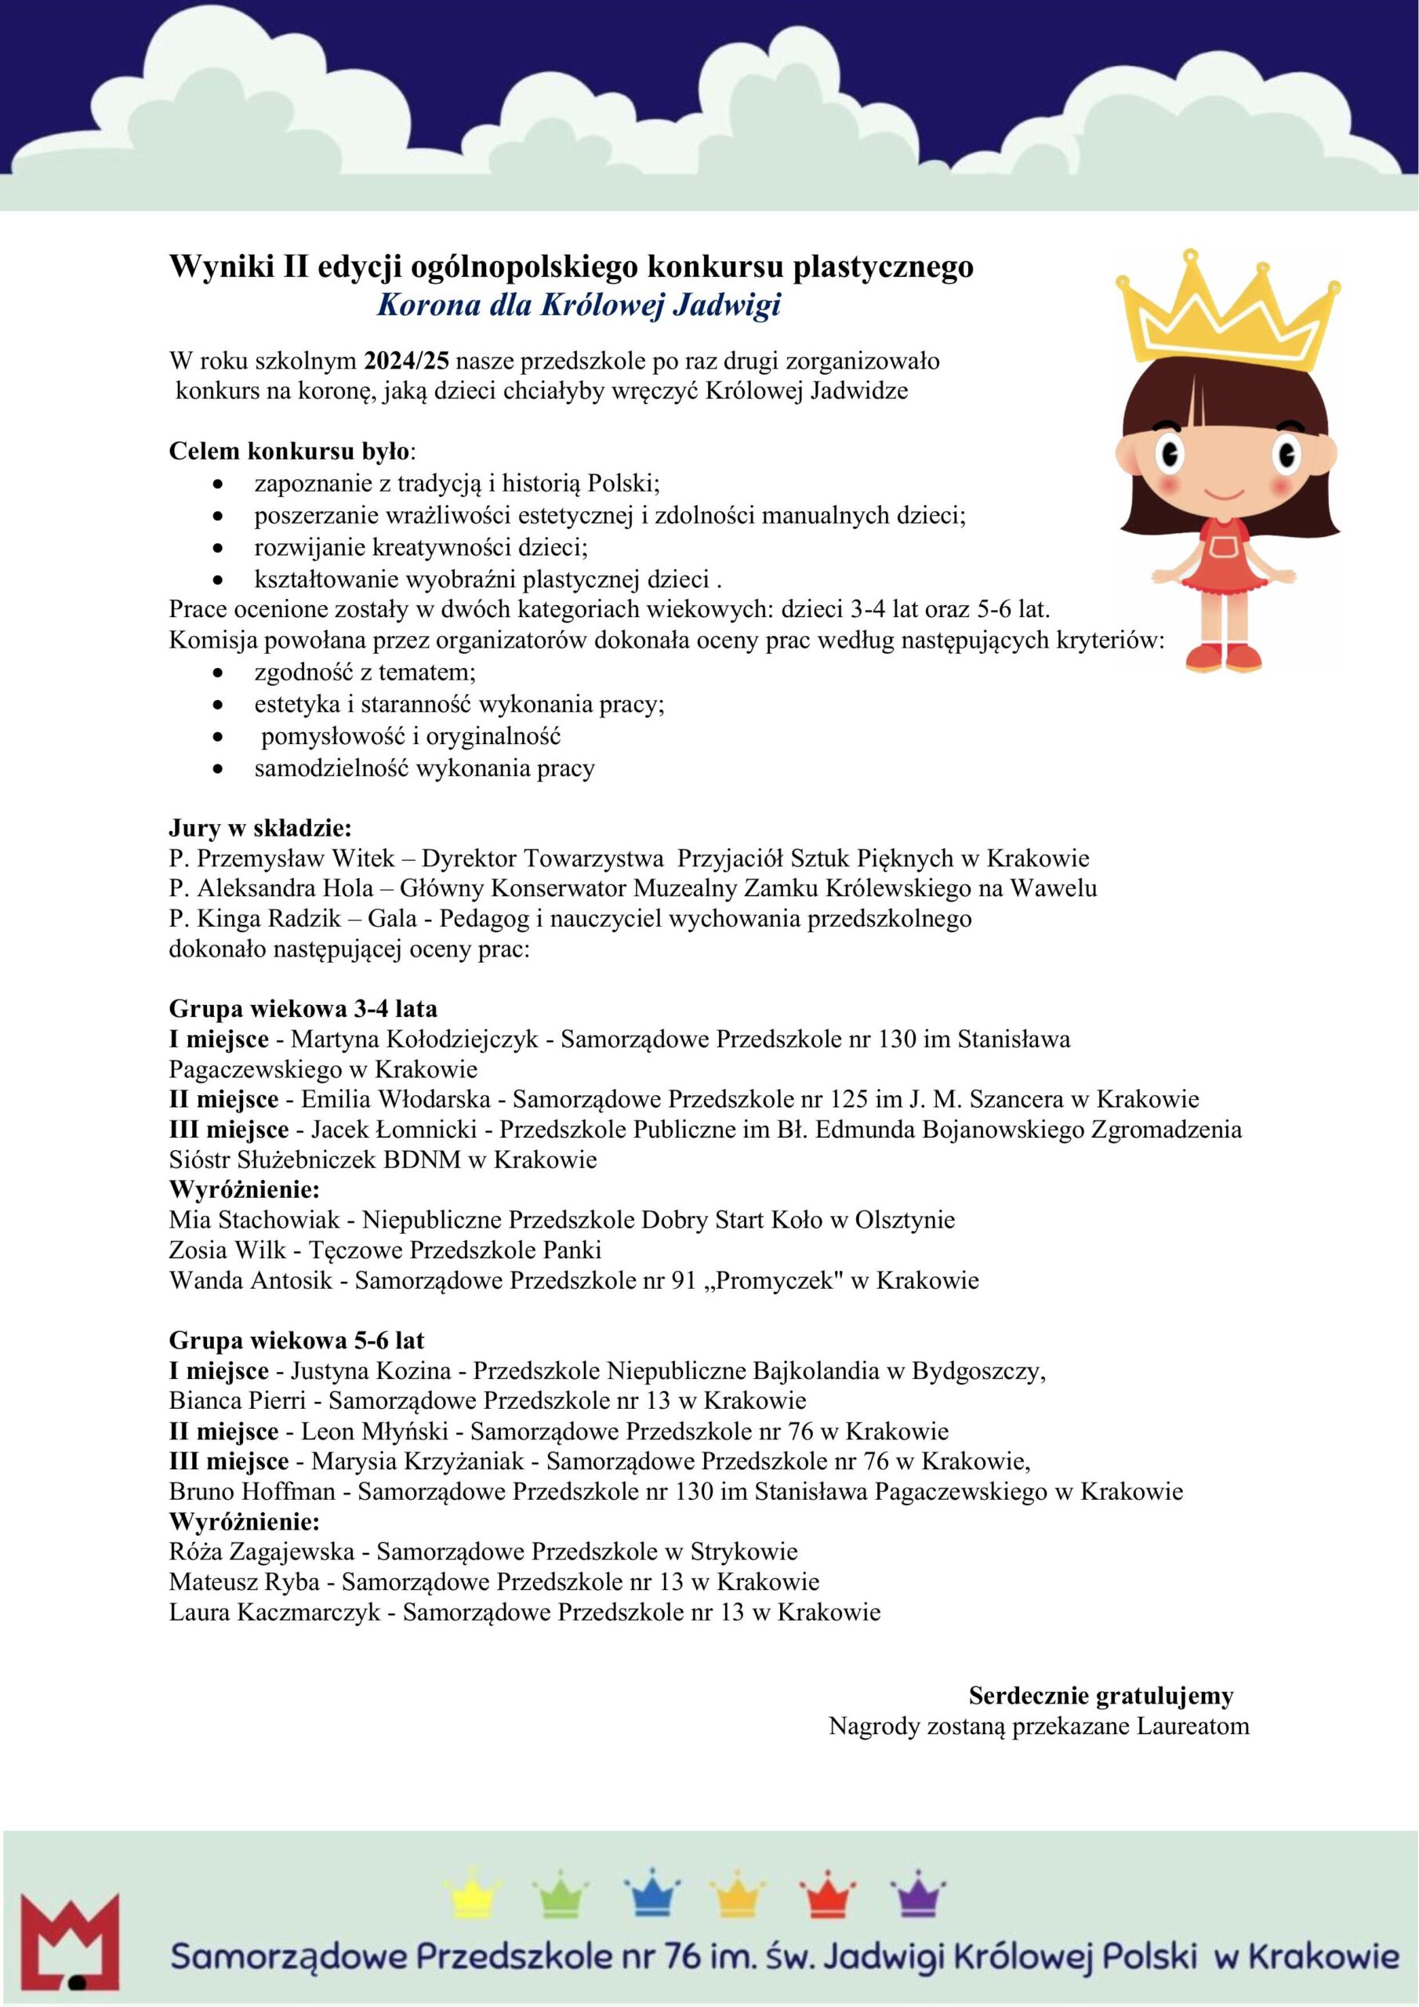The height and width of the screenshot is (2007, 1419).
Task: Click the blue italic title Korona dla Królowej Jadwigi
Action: [578, 305]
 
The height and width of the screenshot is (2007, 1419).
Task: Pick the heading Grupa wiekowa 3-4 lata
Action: [303, 1009]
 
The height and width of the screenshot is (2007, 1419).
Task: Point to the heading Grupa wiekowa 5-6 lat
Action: [296, 1340]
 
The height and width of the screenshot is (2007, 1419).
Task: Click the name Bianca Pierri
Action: [237, 1400]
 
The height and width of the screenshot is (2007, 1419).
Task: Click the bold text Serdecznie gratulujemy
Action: [1101, 1696]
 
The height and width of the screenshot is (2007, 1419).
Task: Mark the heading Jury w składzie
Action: [259, 827]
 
